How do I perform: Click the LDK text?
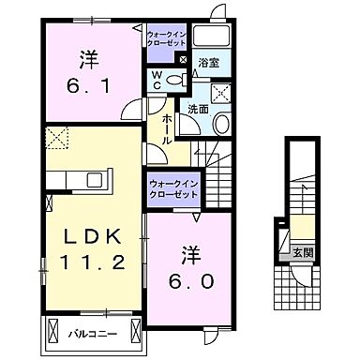(x=88, y=233)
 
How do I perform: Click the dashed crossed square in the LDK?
(x=59, y=140)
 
